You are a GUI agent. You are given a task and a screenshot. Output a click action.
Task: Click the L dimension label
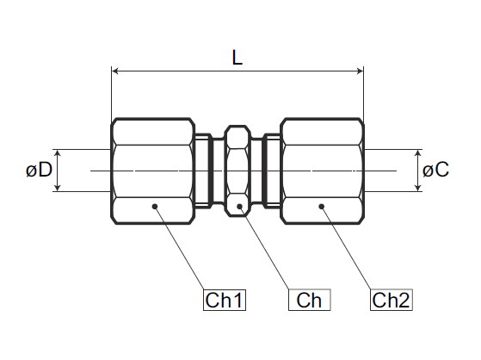[237, 58]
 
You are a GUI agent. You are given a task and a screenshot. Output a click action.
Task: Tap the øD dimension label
[40, 170]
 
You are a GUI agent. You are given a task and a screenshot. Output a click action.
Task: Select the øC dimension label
[435, 170]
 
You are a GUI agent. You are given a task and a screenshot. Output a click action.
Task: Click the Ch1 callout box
[225, 300]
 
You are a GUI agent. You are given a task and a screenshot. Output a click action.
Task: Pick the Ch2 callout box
[392, 300]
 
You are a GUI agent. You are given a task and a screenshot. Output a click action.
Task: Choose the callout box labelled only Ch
[309, 300]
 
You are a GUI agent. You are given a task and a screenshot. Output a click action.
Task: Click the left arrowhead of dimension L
[115, 71]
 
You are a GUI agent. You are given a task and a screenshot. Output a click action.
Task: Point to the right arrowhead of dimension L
[360, 71]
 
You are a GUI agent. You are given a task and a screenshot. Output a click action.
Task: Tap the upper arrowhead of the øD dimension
[58, 153]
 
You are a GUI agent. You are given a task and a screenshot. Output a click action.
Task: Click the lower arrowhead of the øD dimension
[58, 188]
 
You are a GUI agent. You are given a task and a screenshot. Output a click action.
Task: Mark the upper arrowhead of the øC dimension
[418, 153]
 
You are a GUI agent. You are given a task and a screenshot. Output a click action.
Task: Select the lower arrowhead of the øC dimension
[418, 188]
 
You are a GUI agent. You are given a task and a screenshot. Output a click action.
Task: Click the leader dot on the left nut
[155, 206]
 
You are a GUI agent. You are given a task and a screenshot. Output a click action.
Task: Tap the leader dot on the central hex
[240, 206]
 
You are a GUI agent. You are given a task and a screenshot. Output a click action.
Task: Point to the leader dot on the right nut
[322, 206]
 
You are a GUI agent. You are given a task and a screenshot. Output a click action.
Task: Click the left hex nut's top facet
[153, 133]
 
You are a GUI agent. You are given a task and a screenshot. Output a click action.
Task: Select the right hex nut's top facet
[322, 133]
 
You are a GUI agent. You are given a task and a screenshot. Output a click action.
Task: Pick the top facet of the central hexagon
[238, 139]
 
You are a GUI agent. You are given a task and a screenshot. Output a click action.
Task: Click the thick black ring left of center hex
[211, 171]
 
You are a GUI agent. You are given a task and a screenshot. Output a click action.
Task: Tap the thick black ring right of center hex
[265, 171]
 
